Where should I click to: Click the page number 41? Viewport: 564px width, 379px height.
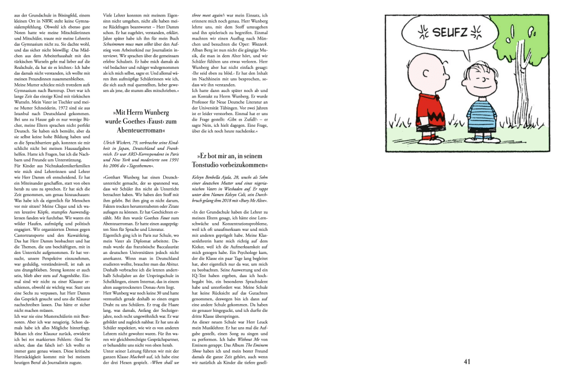(467, 362)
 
